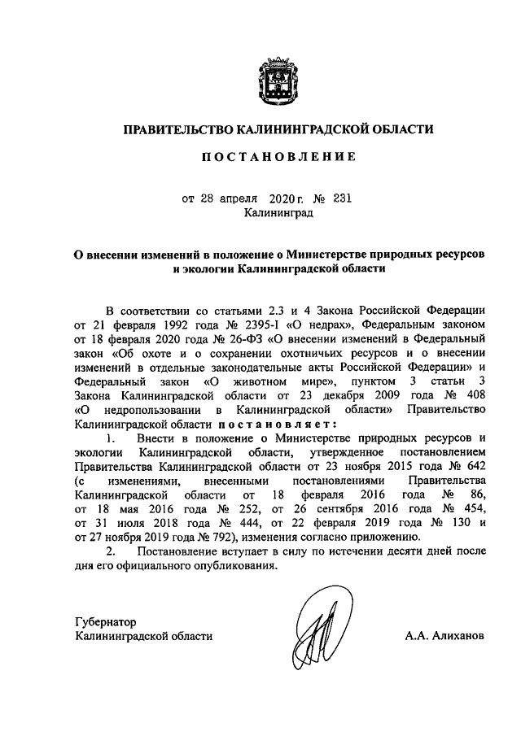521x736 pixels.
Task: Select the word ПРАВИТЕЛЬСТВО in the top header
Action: click(177, 128)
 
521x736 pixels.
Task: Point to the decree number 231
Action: click(342, 198)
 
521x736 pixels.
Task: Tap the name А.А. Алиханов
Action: click(444, 637)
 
